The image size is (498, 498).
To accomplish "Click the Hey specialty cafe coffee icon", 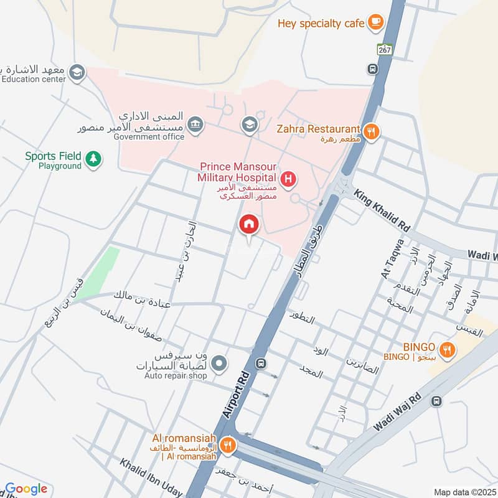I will click(375, 22).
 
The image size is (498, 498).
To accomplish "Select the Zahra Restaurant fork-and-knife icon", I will click(371, 131).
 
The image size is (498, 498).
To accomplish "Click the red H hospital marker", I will click(288, 180).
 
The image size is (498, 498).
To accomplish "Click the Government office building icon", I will click(195, 124).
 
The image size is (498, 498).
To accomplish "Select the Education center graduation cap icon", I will click(77, 73).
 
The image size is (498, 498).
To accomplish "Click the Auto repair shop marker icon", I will click(218, 362).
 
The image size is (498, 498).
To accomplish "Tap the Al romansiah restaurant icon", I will click(228, 444).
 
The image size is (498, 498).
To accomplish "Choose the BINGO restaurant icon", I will click(446, 350).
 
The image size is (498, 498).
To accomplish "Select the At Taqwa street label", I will click(392, 259).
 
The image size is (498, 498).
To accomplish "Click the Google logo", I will click(26, 489).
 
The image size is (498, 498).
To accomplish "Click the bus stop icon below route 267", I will click(373, 69).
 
